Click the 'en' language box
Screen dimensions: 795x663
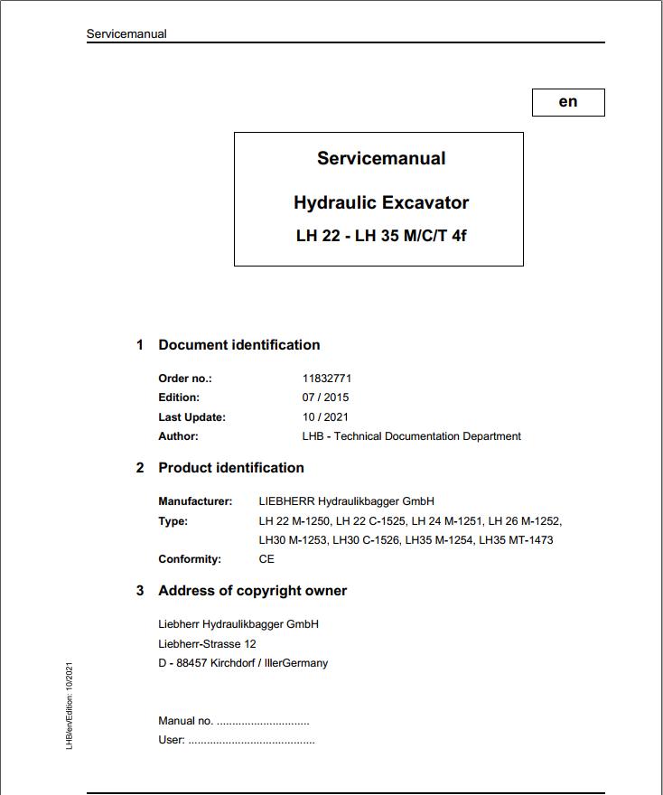tap(568, 102)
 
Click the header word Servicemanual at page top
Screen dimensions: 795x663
tap(126, 34)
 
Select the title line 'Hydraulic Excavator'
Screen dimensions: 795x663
tap(381, 202)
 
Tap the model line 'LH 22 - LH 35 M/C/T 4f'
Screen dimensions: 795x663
tap(381, 237)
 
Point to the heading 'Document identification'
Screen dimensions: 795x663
tap(238, 345)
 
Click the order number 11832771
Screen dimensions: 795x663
tap(327, 379)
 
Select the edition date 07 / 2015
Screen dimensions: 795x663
tap(325, 397)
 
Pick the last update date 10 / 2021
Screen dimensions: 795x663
tap(325, 417)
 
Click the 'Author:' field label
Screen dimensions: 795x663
tap(178, 436)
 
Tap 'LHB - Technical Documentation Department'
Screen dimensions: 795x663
tap(411, 436)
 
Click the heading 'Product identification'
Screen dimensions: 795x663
tap(230, 468)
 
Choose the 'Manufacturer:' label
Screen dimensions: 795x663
tap(195, 501)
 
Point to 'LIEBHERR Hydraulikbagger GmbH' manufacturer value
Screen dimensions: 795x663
tap(346, 501)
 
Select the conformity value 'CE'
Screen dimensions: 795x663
tap(266, 559)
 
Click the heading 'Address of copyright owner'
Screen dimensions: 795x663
tap(252, 591)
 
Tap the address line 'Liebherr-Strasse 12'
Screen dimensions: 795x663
tap(207, 644)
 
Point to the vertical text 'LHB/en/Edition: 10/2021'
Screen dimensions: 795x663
tap(70, 706)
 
